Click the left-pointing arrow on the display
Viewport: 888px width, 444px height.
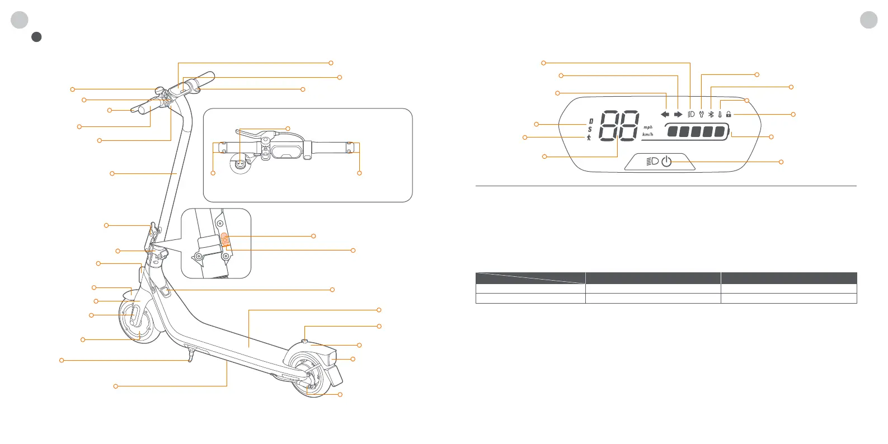[x=665, y=115]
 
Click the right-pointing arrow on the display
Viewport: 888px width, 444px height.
[x=678, y=115]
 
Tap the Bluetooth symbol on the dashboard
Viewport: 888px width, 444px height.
[x=711, y=114]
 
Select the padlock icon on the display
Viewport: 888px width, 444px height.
[x=729, y=114]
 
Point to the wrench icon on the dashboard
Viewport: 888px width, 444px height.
[x=701, y=114]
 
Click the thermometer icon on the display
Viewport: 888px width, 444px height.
[x=720, y=114]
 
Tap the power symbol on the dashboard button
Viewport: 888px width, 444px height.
[x=666, y=162]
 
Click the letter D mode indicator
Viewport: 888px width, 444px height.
[x=591, y=121]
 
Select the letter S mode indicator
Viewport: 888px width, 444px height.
[x=590, y=130]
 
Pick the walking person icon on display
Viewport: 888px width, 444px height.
[x=589, y=138]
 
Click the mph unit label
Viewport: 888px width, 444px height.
[x=648, y=127]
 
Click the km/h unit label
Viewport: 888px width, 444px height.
[x=648, y=135]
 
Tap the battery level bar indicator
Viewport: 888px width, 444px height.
[x=697, y=133]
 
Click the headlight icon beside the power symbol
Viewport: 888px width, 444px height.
[x=652, y=162]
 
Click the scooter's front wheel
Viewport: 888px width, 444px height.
[x=136, y=319]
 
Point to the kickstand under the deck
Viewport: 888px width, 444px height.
[x=191, y=356]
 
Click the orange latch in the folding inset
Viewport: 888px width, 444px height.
[x=224, y=239]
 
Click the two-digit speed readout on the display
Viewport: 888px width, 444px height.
[x=619, y=126]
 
